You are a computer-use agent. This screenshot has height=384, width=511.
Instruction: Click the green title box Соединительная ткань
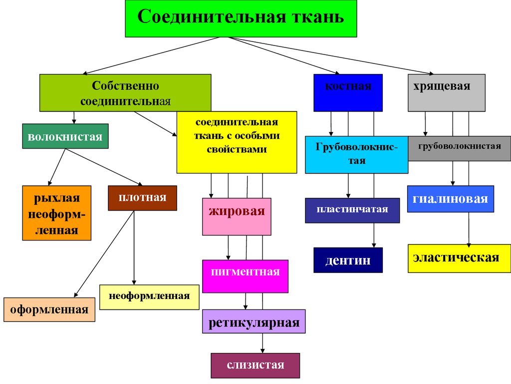[x=241, y=18]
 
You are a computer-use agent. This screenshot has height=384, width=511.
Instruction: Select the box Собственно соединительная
[x=125, y=92]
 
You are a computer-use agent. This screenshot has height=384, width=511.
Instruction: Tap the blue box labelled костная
[x=348, y=92]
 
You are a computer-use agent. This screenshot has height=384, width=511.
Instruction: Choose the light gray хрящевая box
[x=446, y=92]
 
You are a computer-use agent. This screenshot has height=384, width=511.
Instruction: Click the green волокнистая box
[x=65, y=136]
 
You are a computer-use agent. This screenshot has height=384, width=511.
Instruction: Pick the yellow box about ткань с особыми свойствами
[x=237, y=142]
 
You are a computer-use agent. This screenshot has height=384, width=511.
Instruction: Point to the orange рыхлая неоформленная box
[x=56, y=213]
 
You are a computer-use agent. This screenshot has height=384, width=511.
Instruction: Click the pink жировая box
[x=237, y=216]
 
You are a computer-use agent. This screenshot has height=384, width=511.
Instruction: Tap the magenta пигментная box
[x=245, y=276]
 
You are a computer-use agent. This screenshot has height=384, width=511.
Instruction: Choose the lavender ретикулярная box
[x=254, y=321]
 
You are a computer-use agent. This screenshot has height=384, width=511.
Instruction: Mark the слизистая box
[x=255, y=365]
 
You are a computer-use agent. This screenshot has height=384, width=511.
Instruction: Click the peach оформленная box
[x=49, y=309]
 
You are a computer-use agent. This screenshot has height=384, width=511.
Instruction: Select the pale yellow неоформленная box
[x=149, y=297]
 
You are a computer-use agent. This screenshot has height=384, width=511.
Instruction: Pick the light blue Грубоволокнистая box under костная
[x=356, y=154]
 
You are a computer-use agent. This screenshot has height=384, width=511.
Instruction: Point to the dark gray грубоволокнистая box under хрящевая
[x=459, y=148]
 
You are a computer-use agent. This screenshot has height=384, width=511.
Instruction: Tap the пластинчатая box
[x=352, y=210]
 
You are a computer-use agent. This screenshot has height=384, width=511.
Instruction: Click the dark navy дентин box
[x=348, y=260]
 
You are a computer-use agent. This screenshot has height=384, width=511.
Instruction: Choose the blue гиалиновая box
[x=450, y=199]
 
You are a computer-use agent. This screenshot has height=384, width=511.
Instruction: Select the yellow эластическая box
[x=456, y=258]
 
